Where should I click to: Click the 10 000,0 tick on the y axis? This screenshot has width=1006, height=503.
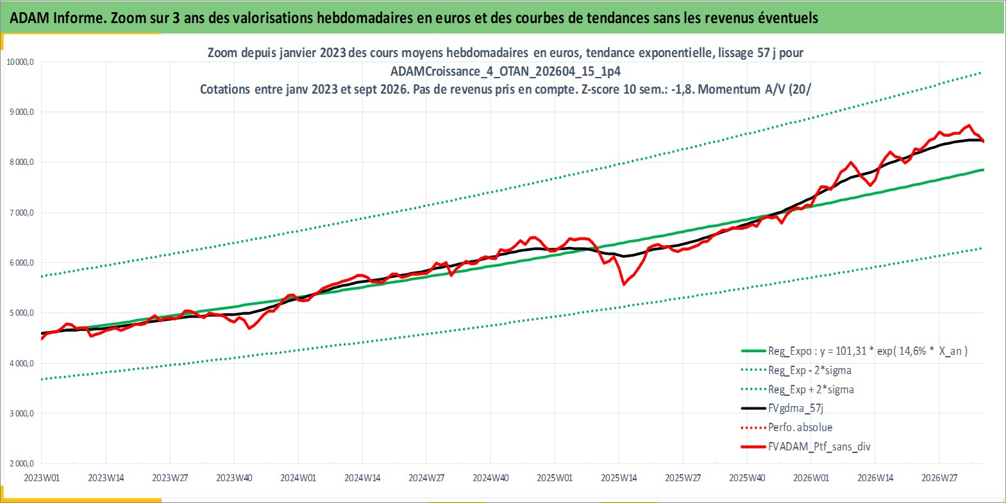tap(20, 62)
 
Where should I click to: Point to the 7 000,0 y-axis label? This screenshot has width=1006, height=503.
tap(22, 212)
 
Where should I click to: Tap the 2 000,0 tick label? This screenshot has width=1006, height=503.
tap(22, 463)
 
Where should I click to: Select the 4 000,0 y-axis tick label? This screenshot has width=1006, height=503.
tap(22, 363)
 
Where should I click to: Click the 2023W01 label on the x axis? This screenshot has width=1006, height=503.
tap(42, 478)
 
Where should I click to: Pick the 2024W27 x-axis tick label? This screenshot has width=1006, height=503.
tap(426, 478)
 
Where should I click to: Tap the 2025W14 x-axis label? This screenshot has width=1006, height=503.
tap(619, 478)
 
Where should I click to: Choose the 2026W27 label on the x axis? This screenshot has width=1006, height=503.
tap(939, 478)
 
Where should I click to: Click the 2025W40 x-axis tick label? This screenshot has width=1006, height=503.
tap(747, 478)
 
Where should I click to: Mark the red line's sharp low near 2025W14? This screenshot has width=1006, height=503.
tap(623, 284)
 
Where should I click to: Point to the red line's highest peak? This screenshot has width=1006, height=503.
tap(969, 125)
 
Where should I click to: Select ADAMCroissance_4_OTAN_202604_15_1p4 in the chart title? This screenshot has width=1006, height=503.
tap(505, 71)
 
